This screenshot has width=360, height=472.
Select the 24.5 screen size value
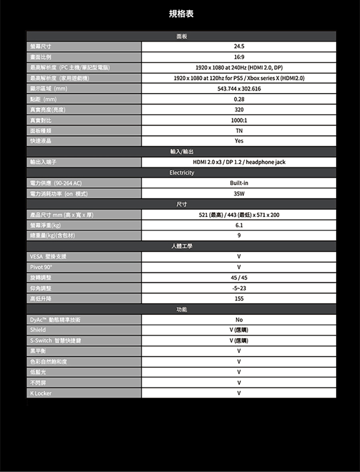(239, 47)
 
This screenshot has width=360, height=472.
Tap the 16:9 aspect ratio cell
(239, 57)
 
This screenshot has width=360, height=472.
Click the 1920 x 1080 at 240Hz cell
(239, 68)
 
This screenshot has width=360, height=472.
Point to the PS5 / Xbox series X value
(239, 78)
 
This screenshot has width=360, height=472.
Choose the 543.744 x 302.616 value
(239, 89)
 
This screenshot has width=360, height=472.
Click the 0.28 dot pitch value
(239, 99)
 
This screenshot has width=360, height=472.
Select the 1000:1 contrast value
(239, 120)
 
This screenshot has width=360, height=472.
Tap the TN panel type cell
(239, 130)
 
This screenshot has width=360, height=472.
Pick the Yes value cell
(239, 141)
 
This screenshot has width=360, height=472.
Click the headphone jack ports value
(239, 162)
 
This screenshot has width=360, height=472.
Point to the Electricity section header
(181, 173)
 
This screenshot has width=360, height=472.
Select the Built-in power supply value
(239, 183)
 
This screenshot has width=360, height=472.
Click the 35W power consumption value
(239, 194)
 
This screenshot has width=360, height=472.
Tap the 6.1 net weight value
(239, 225)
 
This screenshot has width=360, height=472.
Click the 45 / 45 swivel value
(239, 278)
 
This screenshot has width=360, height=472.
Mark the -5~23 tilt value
(239, 288)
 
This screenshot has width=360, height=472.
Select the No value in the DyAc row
(239, 320)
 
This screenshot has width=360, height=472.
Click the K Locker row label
(40, 393)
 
